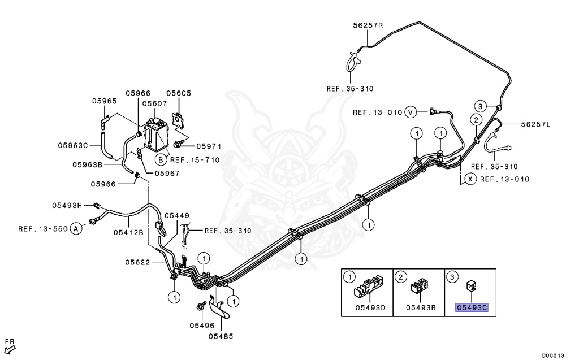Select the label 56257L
535,124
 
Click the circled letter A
76,229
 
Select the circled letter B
160,160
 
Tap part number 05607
154,103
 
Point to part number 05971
209,146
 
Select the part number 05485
221,336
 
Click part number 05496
202,325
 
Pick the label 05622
137,262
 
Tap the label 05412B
128,232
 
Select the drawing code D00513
553,355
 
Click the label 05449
177,215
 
